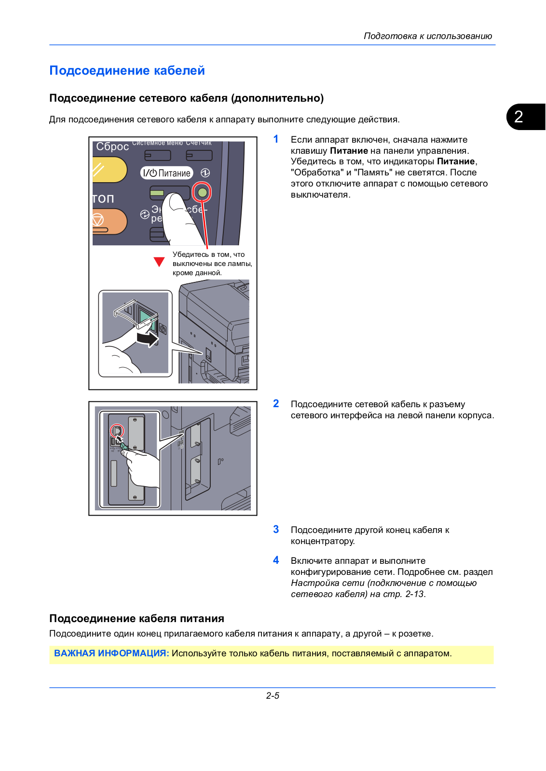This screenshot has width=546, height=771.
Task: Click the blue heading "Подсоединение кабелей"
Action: point(127,71)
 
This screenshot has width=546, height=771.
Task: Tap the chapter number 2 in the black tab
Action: point(519,117)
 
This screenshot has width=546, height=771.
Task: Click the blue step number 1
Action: point(276,139)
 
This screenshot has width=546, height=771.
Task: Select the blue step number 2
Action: point(276,404)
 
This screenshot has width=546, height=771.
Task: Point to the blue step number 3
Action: point(276,530)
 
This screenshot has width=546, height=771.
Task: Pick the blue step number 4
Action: point(276,560)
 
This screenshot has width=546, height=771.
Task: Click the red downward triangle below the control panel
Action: point(159,262)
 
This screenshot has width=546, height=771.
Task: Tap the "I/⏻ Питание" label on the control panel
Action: point(167,173)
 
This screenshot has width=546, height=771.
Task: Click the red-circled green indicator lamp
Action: point(202,193)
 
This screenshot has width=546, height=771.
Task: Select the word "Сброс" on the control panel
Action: point(112,146)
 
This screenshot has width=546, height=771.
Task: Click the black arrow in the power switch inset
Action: point(148,339)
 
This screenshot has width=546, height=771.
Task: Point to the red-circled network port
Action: point(117,430)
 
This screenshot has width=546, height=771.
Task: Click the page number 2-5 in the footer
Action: point(273,696)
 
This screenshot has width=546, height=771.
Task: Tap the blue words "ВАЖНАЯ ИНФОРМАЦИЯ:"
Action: point(111,653)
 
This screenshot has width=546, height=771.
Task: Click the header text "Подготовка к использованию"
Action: point(427,36)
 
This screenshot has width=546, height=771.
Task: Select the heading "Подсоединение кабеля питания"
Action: point(136,619)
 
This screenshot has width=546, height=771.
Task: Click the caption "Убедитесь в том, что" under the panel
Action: point(208,254)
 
